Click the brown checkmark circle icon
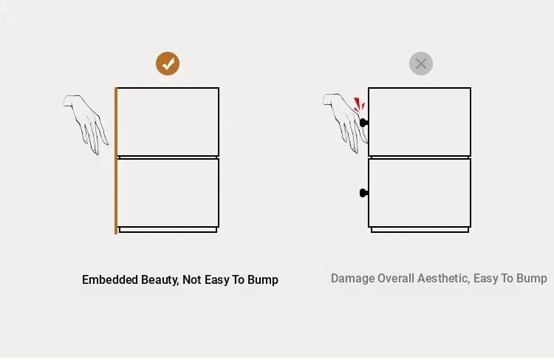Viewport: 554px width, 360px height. point(168,64)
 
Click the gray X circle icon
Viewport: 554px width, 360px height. point(421,64)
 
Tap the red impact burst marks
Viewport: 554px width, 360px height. point(359,105)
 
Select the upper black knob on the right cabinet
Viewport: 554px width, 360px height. point(363,123)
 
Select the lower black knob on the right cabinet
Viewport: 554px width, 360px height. point(363,193)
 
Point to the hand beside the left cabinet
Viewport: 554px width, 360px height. point(86,123)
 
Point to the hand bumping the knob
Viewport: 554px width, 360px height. point(346,123)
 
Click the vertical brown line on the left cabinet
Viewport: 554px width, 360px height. point(116,160)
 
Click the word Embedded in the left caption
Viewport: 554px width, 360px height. point(110,279)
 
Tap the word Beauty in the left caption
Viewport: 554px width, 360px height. point(160,280)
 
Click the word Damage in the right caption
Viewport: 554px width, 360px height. point(352,279)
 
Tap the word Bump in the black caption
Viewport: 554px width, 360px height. point(263,280)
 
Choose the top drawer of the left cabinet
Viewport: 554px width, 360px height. point(168,122)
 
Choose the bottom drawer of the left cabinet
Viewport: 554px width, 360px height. point(168,193)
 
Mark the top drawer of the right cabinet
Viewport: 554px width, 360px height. point(420,122)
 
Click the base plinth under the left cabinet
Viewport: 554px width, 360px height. point(168,230)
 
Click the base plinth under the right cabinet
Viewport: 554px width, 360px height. point(420,230)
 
